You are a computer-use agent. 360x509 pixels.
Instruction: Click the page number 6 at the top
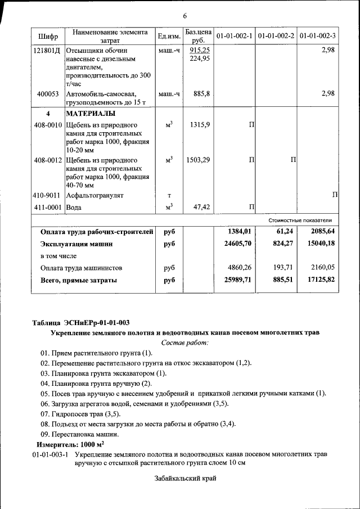click(184, 15)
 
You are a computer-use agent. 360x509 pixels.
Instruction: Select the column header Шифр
click(48, 37)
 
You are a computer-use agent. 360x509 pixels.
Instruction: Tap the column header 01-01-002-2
click(276, 36)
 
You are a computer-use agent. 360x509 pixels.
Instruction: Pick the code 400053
click(48, 94)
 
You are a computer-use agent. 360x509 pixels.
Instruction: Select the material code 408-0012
click(48, 160)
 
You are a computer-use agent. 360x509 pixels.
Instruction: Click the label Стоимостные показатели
click(300, 220)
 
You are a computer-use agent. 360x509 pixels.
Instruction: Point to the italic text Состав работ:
click(184, 343)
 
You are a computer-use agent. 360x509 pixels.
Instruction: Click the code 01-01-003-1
click(50, 454)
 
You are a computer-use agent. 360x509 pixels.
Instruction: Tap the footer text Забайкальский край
click(185, 479)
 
